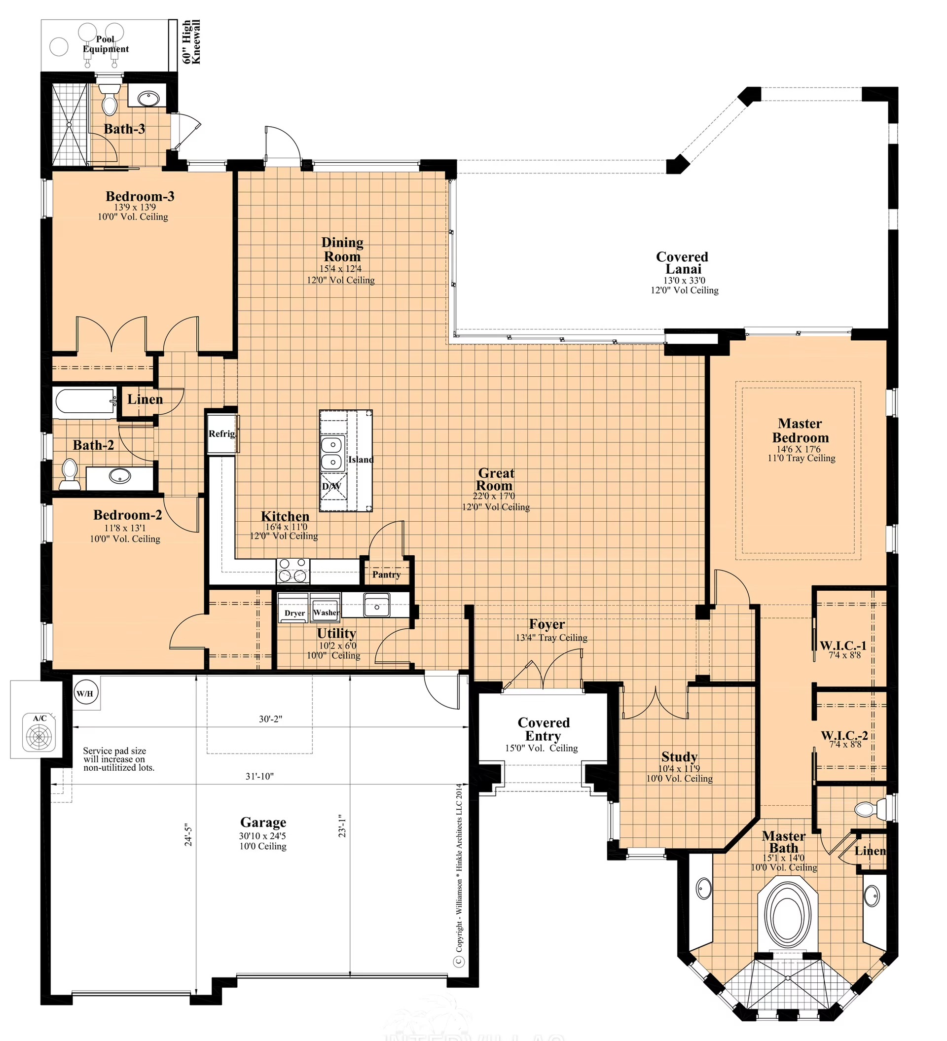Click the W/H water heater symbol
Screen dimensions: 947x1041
click(85, 693)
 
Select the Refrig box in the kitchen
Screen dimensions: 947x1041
click(222, 434)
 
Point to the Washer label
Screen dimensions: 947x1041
click(326, 613)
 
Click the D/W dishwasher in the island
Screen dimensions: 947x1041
click(331, 486)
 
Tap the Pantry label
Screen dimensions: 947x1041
click(386, 574)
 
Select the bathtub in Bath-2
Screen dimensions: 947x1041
click(86, 403)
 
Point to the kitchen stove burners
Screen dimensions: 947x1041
click(293, 571)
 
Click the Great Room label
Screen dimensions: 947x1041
click(495, 479)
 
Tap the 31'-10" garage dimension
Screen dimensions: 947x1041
click(260, 776)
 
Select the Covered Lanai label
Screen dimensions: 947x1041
click(683, 263)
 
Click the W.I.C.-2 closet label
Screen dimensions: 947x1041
click(845, 735)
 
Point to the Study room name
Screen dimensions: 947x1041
click(680, 757)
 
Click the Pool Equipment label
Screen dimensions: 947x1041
click(106, 44)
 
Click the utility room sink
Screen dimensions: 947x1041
click(377, 605)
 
